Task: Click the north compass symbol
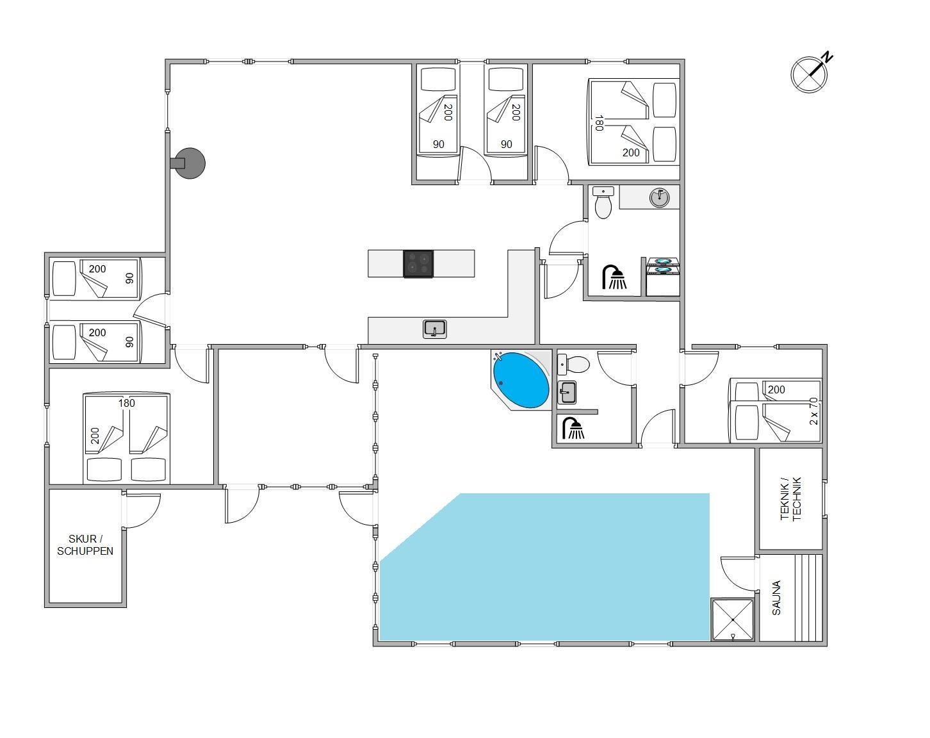810,74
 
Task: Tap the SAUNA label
776,598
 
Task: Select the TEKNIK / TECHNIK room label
790,499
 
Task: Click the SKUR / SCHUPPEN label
85,545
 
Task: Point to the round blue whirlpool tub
521,381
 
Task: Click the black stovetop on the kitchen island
418,264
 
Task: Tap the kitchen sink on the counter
434,329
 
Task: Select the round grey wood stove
190,163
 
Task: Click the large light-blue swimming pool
544,567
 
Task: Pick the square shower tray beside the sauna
733,619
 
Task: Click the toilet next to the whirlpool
573,365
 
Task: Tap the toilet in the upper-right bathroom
603,202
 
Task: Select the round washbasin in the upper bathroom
660,198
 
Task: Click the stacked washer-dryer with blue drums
662,277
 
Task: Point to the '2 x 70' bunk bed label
813,411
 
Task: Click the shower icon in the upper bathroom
614,277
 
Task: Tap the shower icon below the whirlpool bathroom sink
573,429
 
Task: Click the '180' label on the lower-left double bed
127,403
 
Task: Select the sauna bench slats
808,598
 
